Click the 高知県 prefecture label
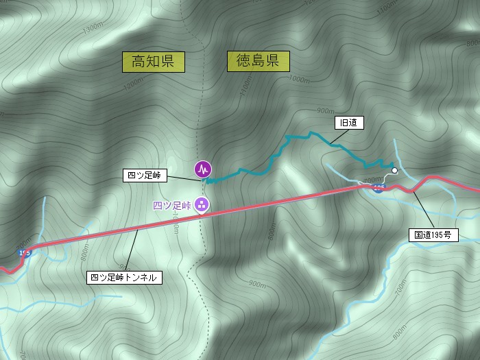coord(154,62)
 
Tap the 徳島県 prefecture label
coord(258,62)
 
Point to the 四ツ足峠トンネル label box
coord(125,278)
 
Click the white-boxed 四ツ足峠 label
coord(143,175)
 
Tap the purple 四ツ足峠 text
coord(171,204)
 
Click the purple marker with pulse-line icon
coord(202,168)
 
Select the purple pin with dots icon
coord(202,204)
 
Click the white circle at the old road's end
coord(394,171)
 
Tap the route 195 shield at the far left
coord(25,253)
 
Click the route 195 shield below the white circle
coord(379,187)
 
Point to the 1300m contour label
coord(91,30)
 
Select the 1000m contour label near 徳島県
coord(298,79)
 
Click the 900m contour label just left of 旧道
coord(326,110)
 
